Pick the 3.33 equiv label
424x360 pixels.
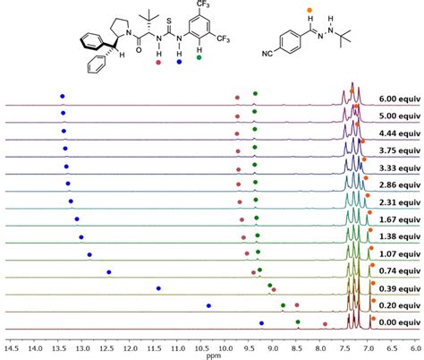point(398,167)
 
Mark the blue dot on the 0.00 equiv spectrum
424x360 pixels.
point(261,323)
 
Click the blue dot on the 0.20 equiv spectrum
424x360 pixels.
point(209,305)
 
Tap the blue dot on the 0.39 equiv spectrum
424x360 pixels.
point(158,288)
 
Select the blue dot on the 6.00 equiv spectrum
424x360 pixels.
point(62,96)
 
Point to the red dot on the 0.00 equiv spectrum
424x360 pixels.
point(325,325)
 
